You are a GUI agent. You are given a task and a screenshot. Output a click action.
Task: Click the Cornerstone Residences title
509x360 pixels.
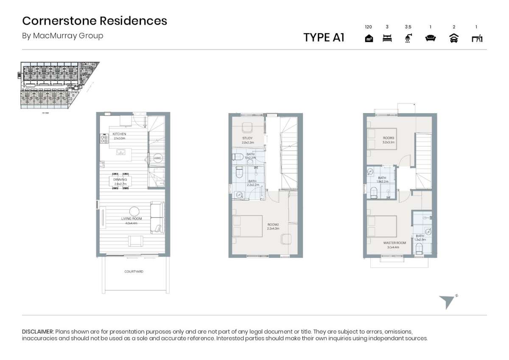coord(95,21)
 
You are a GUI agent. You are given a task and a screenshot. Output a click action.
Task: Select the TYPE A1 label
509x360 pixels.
coord(324,37)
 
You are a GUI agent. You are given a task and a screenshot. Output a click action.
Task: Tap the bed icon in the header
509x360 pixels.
coord(387,39)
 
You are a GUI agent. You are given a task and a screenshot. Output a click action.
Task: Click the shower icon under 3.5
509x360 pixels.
coord(408,39)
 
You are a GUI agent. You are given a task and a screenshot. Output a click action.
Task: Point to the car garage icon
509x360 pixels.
coord(454,39)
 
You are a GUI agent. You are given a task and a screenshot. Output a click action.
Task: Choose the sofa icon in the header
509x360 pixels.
coord(431,39)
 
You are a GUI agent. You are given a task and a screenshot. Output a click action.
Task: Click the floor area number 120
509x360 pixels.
coord(368,27)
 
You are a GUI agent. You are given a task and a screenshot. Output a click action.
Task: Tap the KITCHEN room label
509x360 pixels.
coord(119,134)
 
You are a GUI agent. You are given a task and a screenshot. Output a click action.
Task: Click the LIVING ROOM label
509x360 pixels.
coord(131,219)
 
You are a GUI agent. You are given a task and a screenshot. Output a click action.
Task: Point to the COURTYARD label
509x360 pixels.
coord(134,271)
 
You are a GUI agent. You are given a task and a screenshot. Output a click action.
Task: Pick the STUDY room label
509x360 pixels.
coord(247,138)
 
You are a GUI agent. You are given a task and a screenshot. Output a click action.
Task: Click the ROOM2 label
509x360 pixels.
coord(273,224)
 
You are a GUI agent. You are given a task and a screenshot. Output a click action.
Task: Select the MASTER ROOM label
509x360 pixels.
coord(394,243)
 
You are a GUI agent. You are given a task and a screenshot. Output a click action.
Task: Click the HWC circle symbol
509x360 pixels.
coord(158,158)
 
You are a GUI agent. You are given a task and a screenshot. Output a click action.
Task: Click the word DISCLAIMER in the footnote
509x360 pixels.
coord(38,331)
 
